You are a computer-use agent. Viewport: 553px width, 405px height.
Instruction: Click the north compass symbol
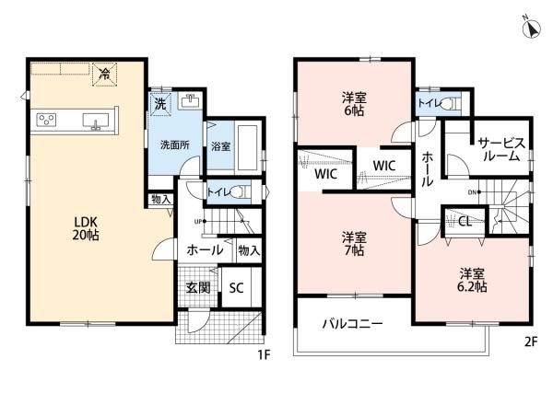tap(532, 30)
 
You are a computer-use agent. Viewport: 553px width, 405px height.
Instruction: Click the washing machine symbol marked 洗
tap(159, 103)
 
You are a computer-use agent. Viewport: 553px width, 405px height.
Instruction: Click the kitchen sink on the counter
tap(95, 120)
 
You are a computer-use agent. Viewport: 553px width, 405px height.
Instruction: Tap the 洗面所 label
tap(174, 145)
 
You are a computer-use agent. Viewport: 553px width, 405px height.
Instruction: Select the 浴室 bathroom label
tap(220, 146)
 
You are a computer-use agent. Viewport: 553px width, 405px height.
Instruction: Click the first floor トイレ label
tap(218, 192)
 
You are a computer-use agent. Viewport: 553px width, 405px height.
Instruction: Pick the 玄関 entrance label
tap(197, 287)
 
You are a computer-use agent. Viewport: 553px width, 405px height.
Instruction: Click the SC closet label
tap(235, 287)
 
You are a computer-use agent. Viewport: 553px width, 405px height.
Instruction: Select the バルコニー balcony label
tap(352, 325)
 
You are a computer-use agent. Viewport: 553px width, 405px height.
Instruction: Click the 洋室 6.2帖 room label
tap(473, 280)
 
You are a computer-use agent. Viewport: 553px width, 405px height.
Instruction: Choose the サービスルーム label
tap(501, 149)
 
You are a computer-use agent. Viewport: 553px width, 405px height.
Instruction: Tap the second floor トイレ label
tap(429, 103)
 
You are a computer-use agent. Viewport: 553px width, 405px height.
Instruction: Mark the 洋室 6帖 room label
tap(353, 104)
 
